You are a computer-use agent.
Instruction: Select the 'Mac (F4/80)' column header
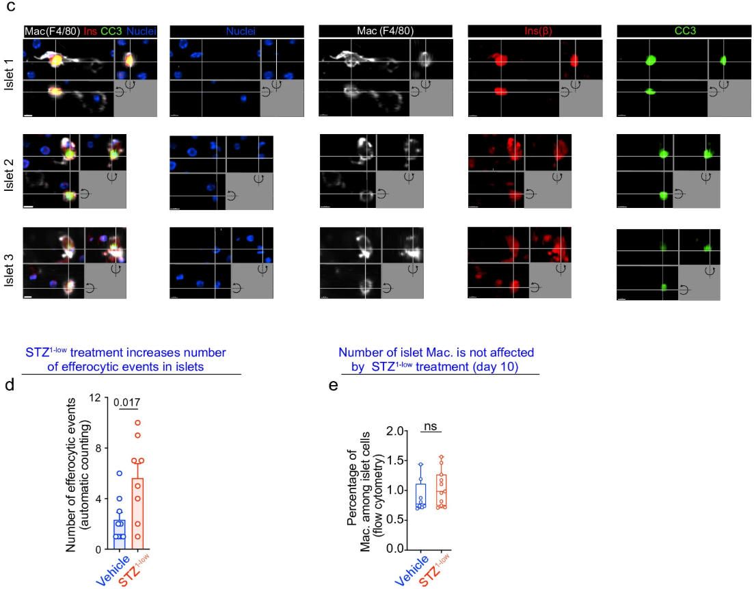384,31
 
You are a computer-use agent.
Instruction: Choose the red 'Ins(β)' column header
534,31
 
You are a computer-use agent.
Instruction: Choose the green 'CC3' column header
683,31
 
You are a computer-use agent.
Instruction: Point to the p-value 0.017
125,403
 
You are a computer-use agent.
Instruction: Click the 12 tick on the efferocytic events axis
100,397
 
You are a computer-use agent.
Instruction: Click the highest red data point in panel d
137,423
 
